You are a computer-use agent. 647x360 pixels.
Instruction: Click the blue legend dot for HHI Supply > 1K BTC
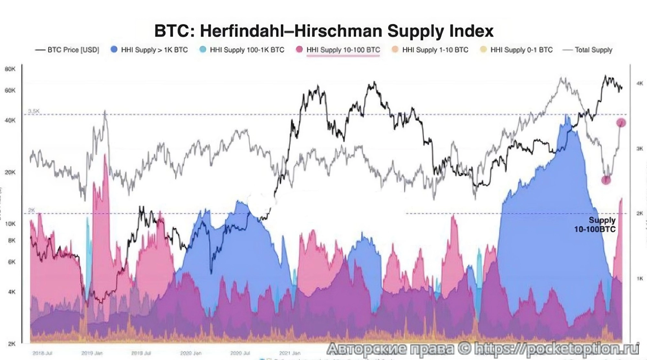114,50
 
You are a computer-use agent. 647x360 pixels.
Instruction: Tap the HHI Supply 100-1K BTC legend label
247,50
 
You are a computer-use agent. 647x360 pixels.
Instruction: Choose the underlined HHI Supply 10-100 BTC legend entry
343,50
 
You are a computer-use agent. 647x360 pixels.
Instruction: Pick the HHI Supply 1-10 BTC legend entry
435,50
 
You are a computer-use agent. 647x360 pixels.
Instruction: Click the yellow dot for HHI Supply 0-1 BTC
483,50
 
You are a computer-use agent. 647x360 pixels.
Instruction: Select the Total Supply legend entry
593,50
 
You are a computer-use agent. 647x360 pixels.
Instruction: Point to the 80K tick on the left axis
10,69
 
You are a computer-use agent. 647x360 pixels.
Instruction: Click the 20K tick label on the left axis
10,172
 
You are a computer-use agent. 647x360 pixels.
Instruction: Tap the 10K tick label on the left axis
10,224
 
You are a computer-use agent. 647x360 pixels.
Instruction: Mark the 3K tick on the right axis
640,149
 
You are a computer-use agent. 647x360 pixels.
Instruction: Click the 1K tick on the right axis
640,278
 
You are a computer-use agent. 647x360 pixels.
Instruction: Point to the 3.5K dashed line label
34,111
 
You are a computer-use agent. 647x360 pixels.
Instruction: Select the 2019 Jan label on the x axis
92,353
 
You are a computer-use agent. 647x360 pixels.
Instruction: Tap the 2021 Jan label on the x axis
290,353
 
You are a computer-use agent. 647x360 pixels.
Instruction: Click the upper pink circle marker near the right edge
621,123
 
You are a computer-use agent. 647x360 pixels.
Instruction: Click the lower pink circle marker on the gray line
606,180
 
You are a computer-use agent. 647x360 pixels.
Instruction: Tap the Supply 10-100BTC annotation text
595,225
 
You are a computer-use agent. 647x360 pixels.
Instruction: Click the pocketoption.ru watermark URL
556,349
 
